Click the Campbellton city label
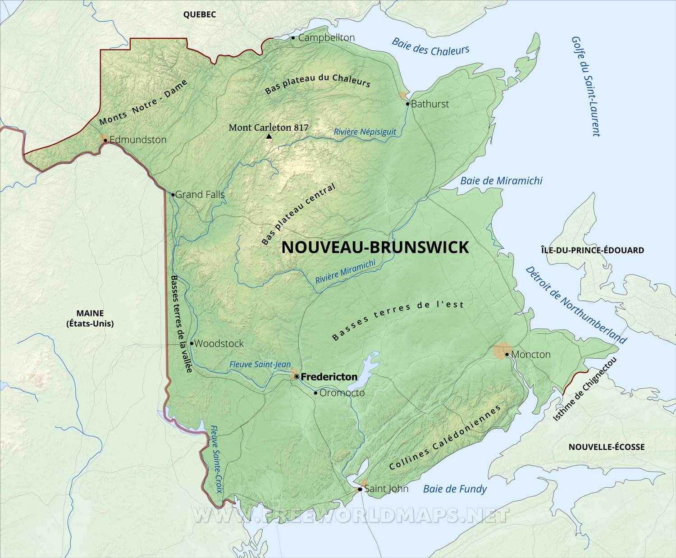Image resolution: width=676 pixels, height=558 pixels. coord(326,38)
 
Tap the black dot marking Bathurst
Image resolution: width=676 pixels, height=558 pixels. coord(407,104)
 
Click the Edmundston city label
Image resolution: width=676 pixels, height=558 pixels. coord(138,140)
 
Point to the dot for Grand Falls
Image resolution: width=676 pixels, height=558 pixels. coord(173,195)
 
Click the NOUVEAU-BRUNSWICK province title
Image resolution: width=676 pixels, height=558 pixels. coord(375,247)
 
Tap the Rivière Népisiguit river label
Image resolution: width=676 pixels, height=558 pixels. coord(365,132)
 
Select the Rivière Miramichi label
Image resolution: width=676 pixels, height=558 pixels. coord(345,272)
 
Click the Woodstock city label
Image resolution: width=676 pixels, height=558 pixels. coord(219,343)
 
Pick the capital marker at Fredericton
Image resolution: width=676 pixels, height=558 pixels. coord(296,376)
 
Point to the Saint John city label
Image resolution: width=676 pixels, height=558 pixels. coord(386,489)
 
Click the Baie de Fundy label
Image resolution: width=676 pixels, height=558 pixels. coord(455,489)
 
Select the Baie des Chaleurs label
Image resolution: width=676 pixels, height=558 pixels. coord(430,47)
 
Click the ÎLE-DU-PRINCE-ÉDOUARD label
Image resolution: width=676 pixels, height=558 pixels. coord(592,250)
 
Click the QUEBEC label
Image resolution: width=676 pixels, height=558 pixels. coord(199,14)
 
